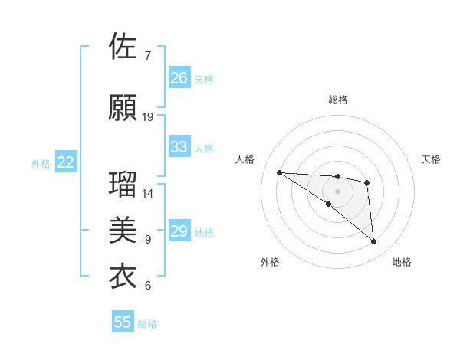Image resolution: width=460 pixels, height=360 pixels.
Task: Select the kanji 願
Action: (x=123, y=107)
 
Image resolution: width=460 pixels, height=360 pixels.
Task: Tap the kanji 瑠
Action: (x=123, y=185)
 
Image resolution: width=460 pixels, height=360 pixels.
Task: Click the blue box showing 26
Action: (x=179, y=78)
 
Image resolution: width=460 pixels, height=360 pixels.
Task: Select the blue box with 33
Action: (x=179, y=147)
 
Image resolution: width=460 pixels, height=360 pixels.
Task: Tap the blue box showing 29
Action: (x=179, y=231)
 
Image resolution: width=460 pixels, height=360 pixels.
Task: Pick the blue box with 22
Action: (x=66, y=162)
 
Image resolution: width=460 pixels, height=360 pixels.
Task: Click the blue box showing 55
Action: (x=123, y=322)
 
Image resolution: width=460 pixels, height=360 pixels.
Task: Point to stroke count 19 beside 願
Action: (x=148, y=117)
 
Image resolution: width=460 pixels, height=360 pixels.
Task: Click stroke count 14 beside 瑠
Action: (x=148, y=194)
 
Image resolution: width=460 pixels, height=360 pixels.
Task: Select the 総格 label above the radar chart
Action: (x=337, y=100)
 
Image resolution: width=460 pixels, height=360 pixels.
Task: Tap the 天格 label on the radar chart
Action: (x=432, y=159)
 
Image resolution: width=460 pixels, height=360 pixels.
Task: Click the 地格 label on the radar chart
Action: (x=402, y=262)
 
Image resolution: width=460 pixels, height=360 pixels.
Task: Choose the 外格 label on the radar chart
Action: (x=270, y=262)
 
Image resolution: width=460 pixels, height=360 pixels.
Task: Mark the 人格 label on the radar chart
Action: (x=245, y=159)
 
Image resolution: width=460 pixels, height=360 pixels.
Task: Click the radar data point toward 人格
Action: (x=279, y=172)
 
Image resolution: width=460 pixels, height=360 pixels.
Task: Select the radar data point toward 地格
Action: (x=374, y=242)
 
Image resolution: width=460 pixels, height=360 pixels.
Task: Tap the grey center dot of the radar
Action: (x=337, y=191)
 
